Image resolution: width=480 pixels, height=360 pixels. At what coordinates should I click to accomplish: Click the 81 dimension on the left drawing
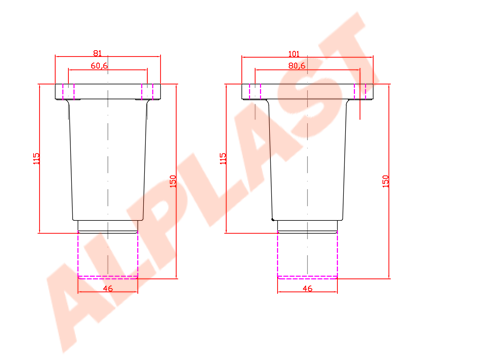click(x=97, y=53)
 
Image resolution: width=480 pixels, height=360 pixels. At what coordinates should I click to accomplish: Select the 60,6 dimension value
click(x=99, y=65)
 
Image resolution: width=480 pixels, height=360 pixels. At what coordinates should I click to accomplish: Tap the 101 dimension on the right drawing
click(x=294, y=53)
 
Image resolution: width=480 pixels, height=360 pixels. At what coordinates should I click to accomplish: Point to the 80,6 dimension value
click(x=297, y=65)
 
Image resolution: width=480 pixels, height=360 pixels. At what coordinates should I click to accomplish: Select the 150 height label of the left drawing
click(x=173, y=181)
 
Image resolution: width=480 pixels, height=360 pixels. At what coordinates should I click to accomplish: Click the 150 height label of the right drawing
click(x=385, y=181)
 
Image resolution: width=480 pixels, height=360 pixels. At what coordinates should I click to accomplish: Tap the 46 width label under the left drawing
click(x=108, y=288)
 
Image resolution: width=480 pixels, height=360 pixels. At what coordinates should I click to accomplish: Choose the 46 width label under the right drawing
click(x=307, y=288)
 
